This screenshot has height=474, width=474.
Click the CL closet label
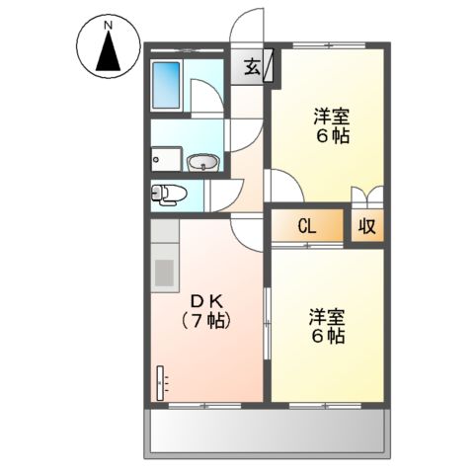(307, 226)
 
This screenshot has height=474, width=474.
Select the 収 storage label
(365, 226)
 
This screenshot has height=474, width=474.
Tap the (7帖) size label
(205, 320)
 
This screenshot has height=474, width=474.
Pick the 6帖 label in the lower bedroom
(326, 336)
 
